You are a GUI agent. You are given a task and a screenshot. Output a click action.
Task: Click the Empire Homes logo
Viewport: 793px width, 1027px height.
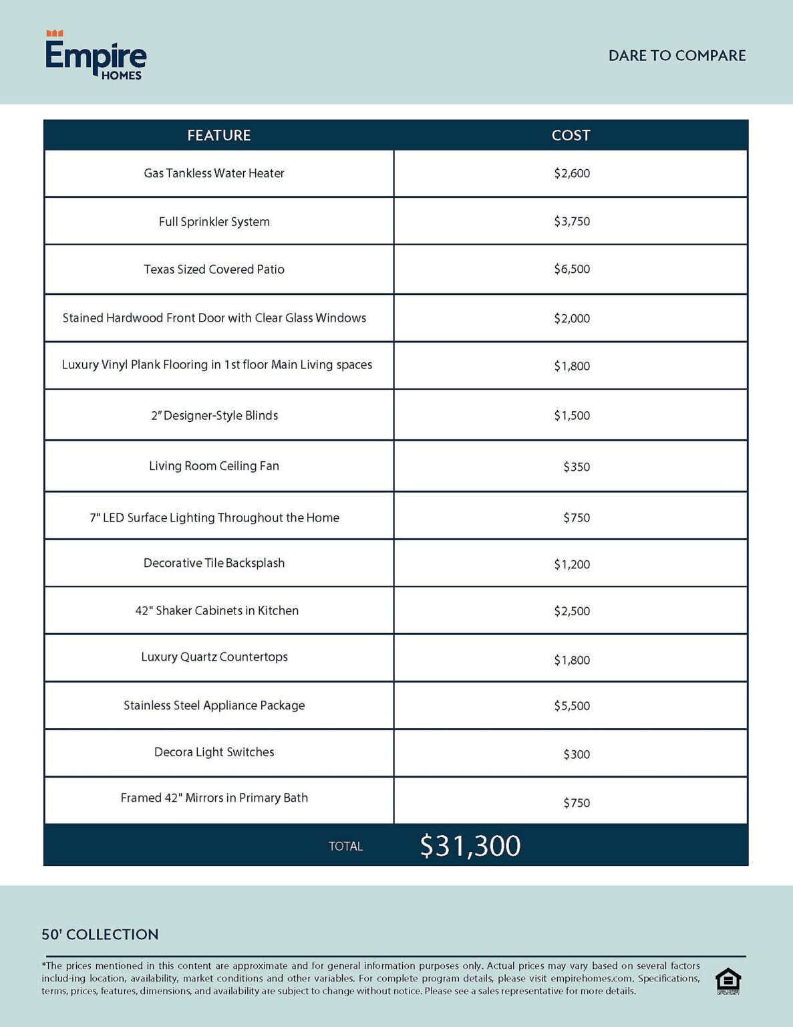(x=96, y=56)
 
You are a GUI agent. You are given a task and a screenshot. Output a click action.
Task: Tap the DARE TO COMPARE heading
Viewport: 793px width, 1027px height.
(x=677, y=55)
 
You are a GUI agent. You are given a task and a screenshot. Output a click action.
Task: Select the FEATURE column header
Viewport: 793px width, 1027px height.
(x=218, y=135)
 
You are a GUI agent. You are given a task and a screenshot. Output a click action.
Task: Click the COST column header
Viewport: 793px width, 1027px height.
(x=571, y=135)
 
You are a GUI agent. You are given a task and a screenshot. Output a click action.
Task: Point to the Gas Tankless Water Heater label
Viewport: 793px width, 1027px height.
(x=214, y=173)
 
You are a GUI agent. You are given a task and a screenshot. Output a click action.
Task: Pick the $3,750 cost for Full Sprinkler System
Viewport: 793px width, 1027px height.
(x=572, y=221)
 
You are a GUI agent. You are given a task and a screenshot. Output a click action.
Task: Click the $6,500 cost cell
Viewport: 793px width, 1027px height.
(x=572, y=269)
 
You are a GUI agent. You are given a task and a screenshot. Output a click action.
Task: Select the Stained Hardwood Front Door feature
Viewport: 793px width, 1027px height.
(x=214, y=318)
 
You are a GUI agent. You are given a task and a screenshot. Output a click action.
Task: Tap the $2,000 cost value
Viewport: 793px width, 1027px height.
(x=572, y=318)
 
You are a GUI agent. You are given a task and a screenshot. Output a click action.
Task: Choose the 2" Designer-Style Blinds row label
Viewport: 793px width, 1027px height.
(x=214, y=415)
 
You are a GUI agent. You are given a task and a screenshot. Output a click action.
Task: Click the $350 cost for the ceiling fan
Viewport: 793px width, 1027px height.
(x=576, y=467)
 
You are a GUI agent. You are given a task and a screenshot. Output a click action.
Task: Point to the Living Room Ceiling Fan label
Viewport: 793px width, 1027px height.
(x=214, y=466)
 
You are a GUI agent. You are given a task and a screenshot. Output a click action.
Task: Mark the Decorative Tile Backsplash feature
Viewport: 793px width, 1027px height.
(x=214, y=563)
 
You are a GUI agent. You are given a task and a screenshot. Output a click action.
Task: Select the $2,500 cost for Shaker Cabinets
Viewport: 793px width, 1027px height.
(x=572, y=611)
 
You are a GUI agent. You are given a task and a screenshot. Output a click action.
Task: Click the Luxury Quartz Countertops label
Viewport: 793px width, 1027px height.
(x=214, y=657)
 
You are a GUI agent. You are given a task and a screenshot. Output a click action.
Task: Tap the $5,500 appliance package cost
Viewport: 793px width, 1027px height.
(x=572, y=706)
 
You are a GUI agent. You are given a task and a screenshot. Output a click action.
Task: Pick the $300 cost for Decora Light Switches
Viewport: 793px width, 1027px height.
(x=576, y=754)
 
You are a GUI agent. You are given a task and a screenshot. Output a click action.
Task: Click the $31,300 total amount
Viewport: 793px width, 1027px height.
(x=470, y=846)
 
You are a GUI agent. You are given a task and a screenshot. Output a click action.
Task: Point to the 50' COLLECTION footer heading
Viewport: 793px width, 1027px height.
(x=100, y=934)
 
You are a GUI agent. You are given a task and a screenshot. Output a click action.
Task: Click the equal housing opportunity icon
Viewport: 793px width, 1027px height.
(x=728, y=981)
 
